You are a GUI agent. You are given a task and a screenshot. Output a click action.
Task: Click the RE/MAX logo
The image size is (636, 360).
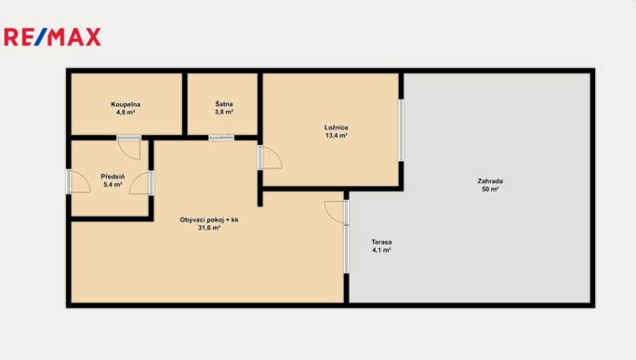(x=52, y=37)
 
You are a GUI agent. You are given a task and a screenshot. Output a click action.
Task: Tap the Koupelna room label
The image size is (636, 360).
(x=126, y=105)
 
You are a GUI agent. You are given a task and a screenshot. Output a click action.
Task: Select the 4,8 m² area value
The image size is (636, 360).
(x=126, y=113)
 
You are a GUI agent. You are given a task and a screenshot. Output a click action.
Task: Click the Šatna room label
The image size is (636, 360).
(x=224, y=104)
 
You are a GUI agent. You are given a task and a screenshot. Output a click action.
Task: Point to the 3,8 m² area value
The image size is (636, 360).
(x=224, y=112)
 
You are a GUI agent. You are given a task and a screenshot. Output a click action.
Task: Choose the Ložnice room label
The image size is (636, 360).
(x=337, y=127)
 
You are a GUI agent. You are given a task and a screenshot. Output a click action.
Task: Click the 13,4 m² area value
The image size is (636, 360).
(x=337, y=136)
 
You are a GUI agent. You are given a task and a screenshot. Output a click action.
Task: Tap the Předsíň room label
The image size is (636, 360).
(x=113, y=177)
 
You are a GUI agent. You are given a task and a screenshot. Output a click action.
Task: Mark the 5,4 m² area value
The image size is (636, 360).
(x=113, y=185)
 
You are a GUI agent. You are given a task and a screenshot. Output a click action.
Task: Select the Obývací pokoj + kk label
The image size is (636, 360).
(x=209, y=220)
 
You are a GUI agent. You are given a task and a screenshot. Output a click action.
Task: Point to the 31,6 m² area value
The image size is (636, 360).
(x=209, y=228)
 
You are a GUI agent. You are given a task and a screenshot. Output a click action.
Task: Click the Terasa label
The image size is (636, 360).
(x=381, y=242)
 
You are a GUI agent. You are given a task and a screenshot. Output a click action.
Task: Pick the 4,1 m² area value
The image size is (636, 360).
(x=381, y=250)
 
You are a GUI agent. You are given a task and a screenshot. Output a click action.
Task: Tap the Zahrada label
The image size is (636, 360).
(x=490, y=181)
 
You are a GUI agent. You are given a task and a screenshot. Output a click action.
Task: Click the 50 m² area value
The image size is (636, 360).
(x=490, y=189)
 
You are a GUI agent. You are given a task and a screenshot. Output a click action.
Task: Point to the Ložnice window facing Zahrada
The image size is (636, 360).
(x=401, y=130)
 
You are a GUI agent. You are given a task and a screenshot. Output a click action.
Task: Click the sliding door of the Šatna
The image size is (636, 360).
(x=221, y=138)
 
